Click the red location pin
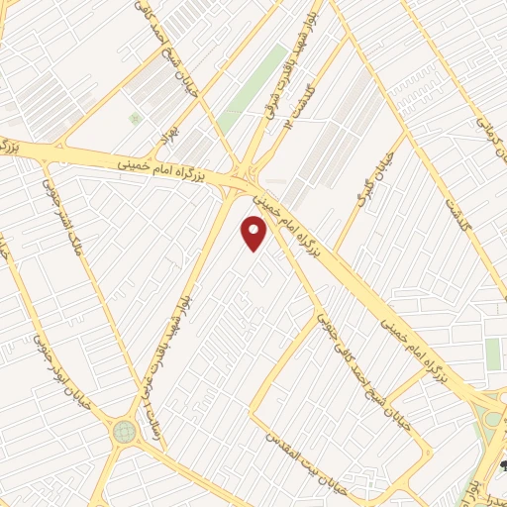point(254,234)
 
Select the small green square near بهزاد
point(135,119)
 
